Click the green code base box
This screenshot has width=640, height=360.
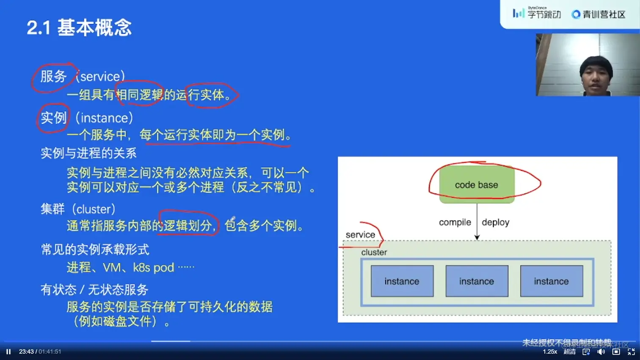coord(477,185)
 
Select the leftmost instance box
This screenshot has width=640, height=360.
coord(402,281)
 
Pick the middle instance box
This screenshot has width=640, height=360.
coord(477,281)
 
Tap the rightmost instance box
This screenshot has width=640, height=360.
coord(551,281)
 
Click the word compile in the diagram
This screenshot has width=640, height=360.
coord(455,223)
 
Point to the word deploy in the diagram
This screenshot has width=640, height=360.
coord(495,223)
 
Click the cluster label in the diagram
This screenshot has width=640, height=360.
coord(374,253)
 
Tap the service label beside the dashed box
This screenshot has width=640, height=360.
coord(360,235)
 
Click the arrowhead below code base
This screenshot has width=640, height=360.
coord(477,237)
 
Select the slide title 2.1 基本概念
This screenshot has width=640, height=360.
coord(79,28)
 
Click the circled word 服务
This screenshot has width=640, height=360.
coord(53,77)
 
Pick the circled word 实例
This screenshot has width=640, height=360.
coord(53,118)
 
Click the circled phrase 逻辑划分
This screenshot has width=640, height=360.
coord(188,225)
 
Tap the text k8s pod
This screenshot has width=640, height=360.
coord(153,267)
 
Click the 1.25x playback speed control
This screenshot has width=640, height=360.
coord(550,352)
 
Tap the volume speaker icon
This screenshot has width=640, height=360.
coord(601,352)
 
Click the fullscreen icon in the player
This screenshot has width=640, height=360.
coord(631,352)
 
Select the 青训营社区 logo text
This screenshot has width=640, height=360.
coord(604,15)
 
